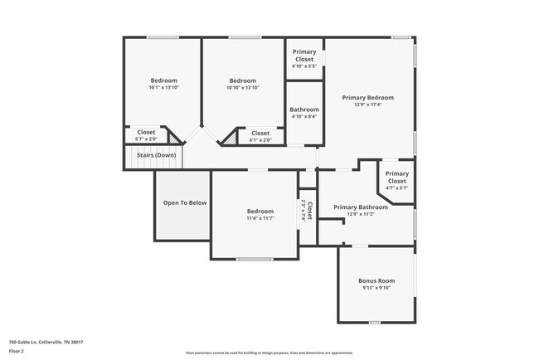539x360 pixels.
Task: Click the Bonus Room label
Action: [376, 280]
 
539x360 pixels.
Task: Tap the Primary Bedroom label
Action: [368, 97]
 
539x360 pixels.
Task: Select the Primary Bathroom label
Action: [361, 207]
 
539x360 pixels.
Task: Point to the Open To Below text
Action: [184, 202]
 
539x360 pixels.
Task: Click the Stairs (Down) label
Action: [155, 155]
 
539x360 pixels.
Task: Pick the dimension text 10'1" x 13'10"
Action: [163, 87]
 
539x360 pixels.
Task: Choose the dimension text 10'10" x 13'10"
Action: [243, 87]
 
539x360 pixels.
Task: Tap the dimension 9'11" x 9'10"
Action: [376, 288]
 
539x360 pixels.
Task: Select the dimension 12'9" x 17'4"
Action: [368, 105]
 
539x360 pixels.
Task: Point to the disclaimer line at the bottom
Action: [269, 353]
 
